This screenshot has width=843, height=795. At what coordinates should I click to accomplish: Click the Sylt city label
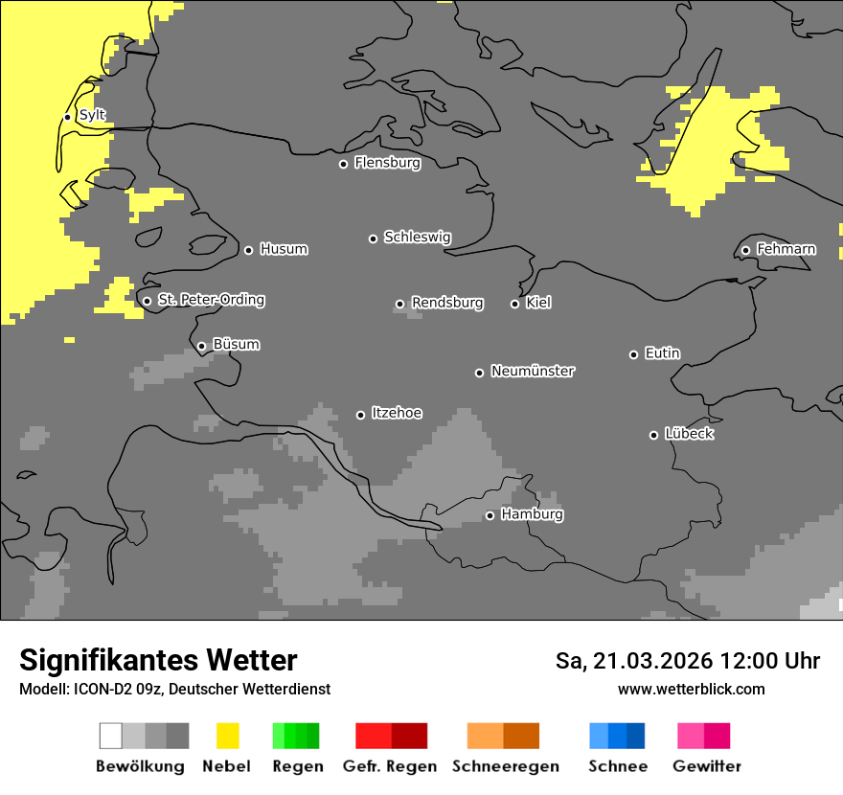coord(92,116)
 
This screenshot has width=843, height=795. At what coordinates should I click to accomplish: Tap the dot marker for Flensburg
coord(343,164)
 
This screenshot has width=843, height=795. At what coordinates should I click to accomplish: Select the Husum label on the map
coord(284,250)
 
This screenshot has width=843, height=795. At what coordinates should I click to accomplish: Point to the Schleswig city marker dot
coord(373,238)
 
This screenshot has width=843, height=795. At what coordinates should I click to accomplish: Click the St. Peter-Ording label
coord(211,301)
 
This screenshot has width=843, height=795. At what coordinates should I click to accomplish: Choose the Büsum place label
coord(236,345)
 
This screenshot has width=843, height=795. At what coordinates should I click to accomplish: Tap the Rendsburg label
coord(446,304)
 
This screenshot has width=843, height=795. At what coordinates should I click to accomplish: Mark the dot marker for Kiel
coord(514,304)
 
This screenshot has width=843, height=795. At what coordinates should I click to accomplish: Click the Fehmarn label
coord(786,250)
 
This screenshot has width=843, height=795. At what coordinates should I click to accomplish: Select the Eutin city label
coord(662,354)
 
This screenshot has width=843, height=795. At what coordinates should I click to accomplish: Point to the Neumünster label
coord(533,372)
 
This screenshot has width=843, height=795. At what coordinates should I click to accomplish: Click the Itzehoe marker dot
coord(360,415)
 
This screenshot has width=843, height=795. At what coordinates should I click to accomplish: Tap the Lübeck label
coord(689,435)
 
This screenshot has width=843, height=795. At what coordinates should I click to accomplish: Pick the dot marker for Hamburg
coord(490,515)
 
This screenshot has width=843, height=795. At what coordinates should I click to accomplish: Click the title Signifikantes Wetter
coord(158,661)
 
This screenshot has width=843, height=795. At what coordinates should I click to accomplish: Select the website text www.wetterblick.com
coord(691,690)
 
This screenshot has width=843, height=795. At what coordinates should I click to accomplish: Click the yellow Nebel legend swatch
coord(227,736)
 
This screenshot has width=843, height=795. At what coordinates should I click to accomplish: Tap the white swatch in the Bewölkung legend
coord(110,736)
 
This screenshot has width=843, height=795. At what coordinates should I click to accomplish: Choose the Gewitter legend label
coord(706,766)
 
